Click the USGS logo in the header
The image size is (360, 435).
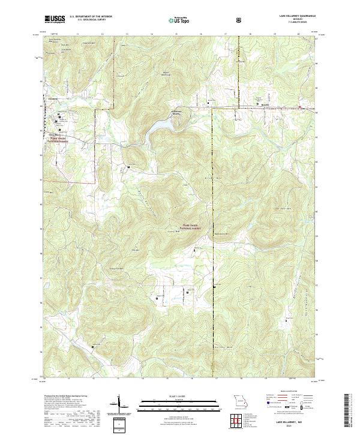point(55,20)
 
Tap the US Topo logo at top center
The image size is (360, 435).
point(180,20)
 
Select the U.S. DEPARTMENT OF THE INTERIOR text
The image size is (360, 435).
point(91,17)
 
